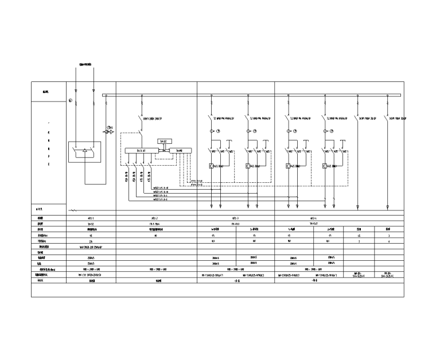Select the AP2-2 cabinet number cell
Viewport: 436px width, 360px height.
tap(157, 218)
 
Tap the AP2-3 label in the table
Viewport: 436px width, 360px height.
tap(236, 218)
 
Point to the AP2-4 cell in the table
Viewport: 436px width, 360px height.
tap(313, 218)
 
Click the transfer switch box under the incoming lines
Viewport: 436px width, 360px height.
tap(85, 152)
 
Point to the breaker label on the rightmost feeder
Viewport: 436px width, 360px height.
tap(397, 119)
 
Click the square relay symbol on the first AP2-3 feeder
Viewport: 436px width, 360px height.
tap(211, 166)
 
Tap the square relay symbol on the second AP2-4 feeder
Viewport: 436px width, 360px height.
tap(324, 166)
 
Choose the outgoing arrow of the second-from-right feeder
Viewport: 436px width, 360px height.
tap(357, 207)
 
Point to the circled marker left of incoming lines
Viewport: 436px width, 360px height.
tap(71, 101)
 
